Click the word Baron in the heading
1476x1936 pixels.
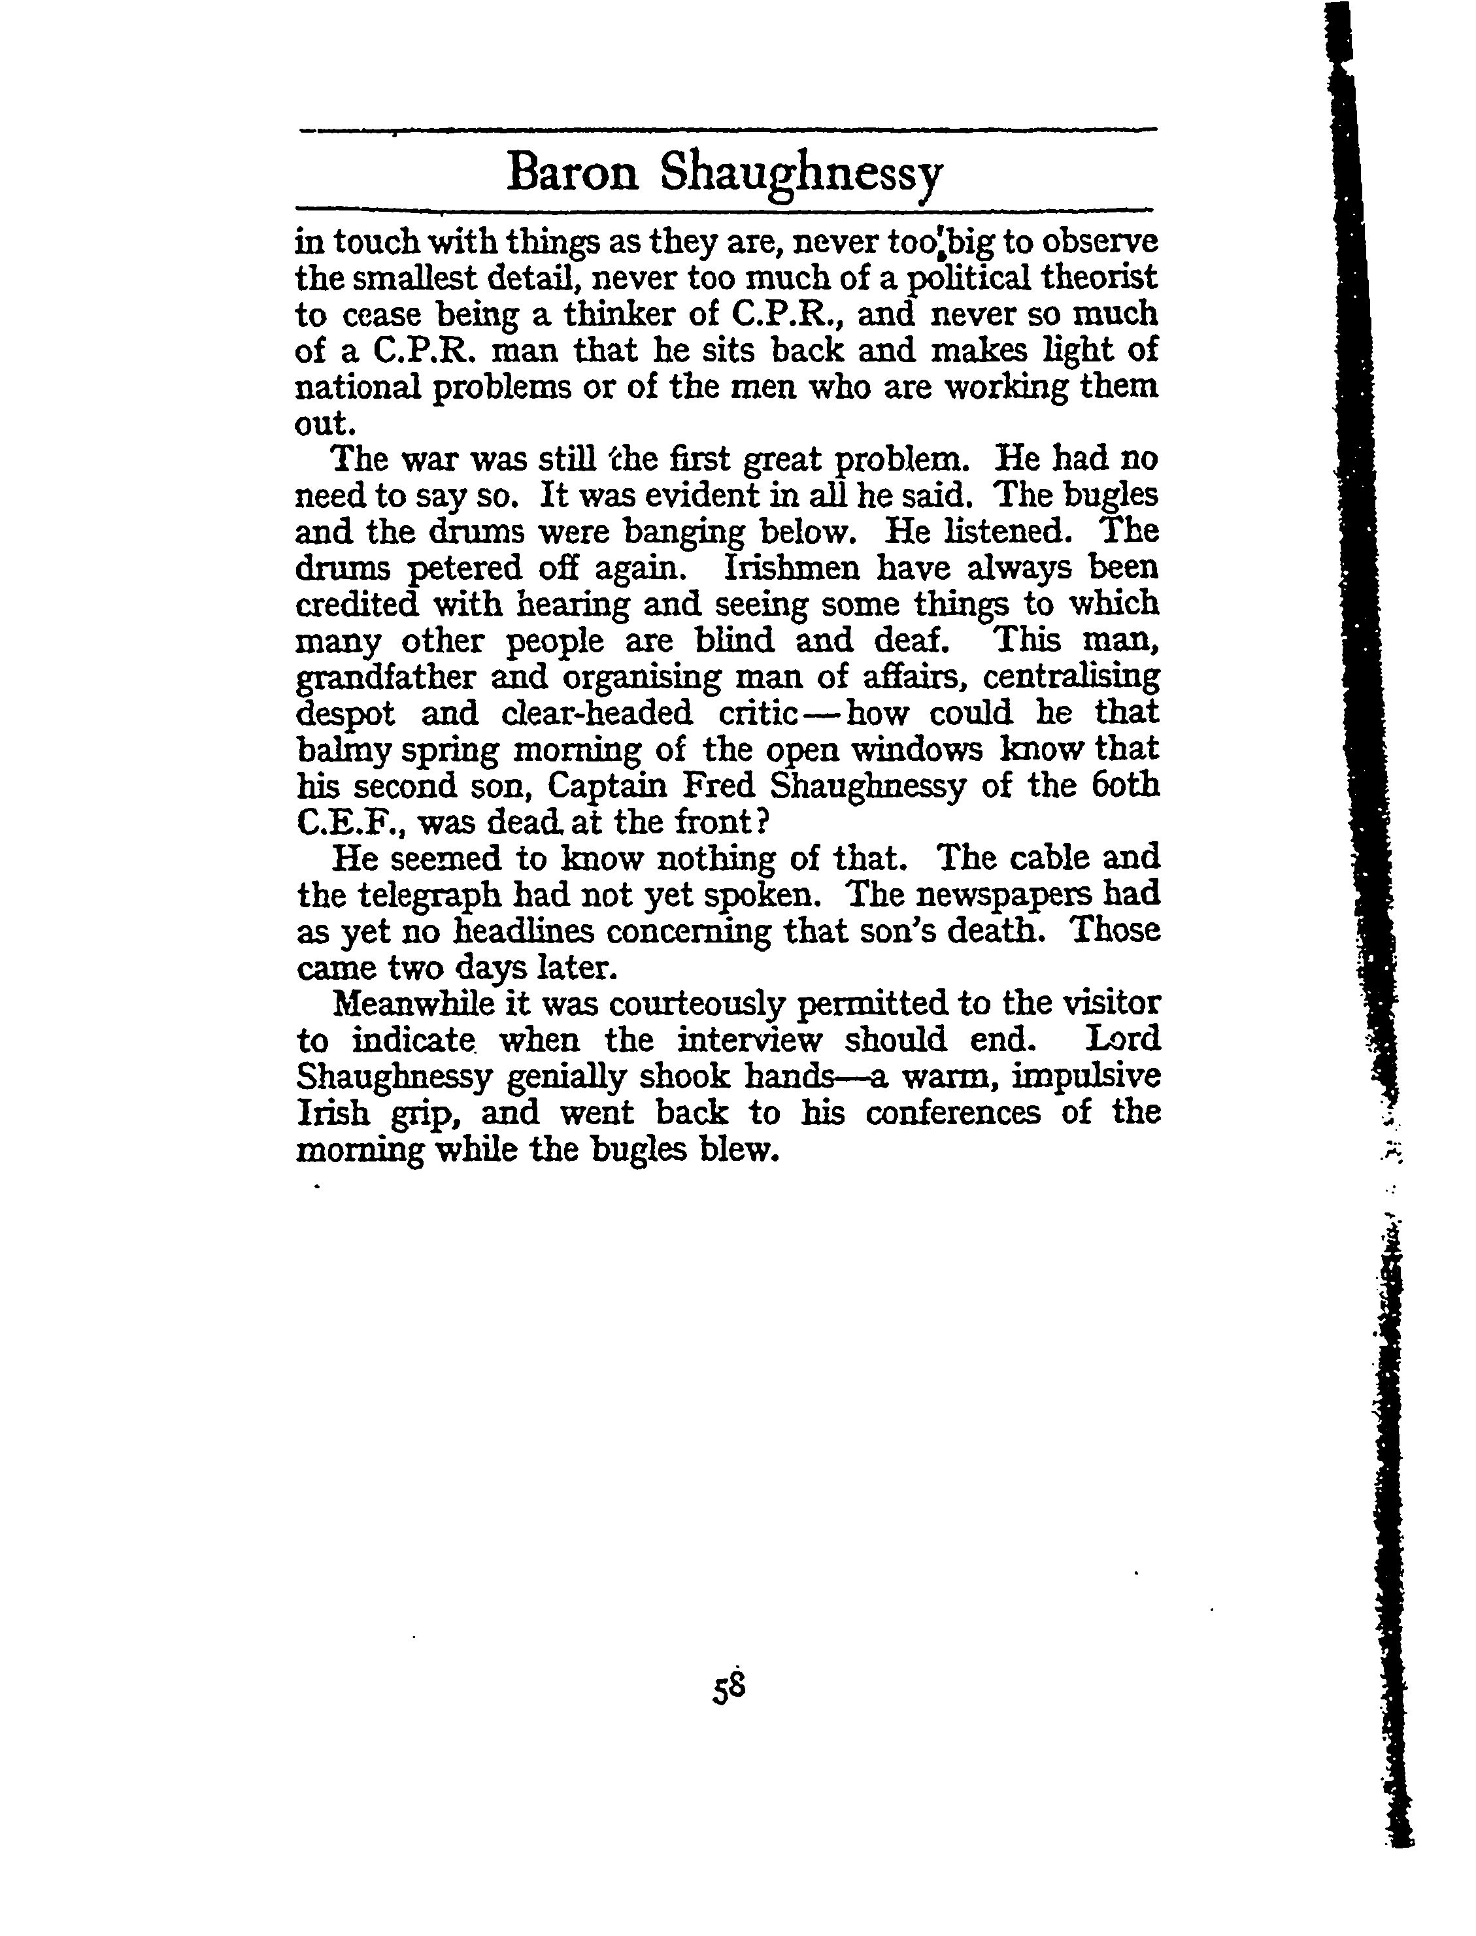[x=572, y=173]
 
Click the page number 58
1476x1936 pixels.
[x=730, y=1688]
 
